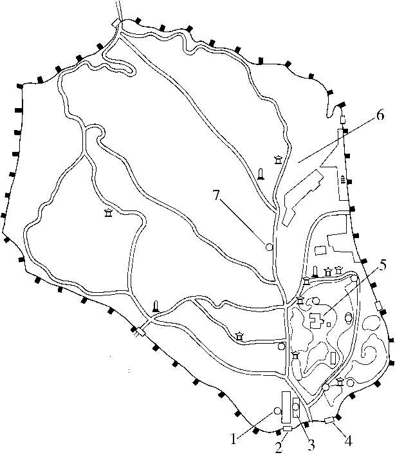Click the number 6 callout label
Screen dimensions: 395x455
tap(380, 115)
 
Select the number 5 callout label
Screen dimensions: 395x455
tap(383, 266)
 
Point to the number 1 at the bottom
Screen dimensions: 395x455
tap(234, 440)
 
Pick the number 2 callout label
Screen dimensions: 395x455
tap(279, 448)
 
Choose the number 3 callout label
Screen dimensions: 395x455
tap(311, 445)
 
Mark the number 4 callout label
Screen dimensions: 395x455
tap(348, 441)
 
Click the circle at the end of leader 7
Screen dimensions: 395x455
tap(269, 247)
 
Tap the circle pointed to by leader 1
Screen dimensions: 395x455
tap(277, 411)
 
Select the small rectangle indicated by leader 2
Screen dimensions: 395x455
tap(288, 429)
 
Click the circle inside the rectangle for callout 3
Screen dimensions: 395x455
tap(295, 407)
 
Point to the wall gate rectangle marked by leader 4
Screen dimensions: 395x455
tap(329, 420)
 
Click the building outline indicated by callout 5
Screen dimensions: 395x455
tap(316, 320)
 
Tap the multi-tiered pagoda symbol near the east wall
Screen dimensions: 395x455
tap(343, 179)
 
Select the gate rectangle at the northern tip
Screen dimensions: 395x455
tap(116, 23)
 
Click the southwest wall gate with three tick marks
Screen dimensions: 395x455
tap(140, 332)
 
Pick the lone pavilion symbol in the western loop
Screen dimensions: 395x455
tap(109, 213)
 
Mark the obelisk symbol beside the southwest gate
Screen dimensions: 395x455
tap(156, 306)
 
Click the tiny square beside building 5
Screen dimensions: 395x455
tap(329, 324)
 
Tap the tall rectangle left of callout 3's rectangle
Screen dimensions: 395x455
tap(286, 407)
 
